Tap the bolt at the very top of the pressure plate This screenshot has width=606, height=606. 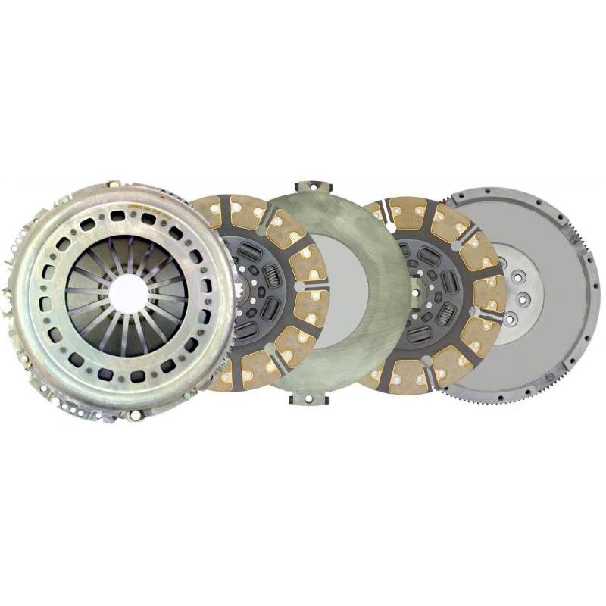[114, 184]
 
